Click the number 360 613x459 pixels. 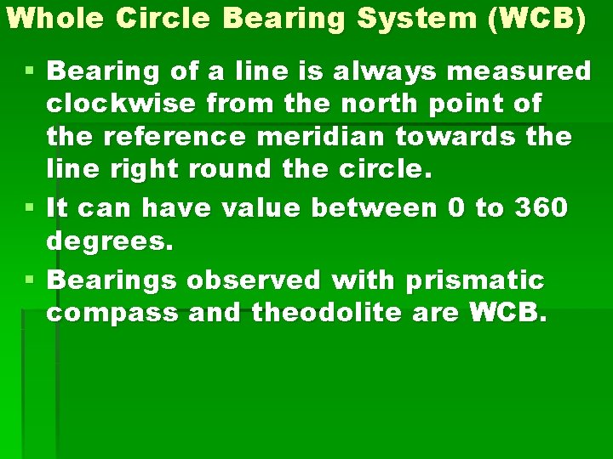[x=541, y=207]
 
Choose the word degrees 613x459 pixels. [x=110, y=241]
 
